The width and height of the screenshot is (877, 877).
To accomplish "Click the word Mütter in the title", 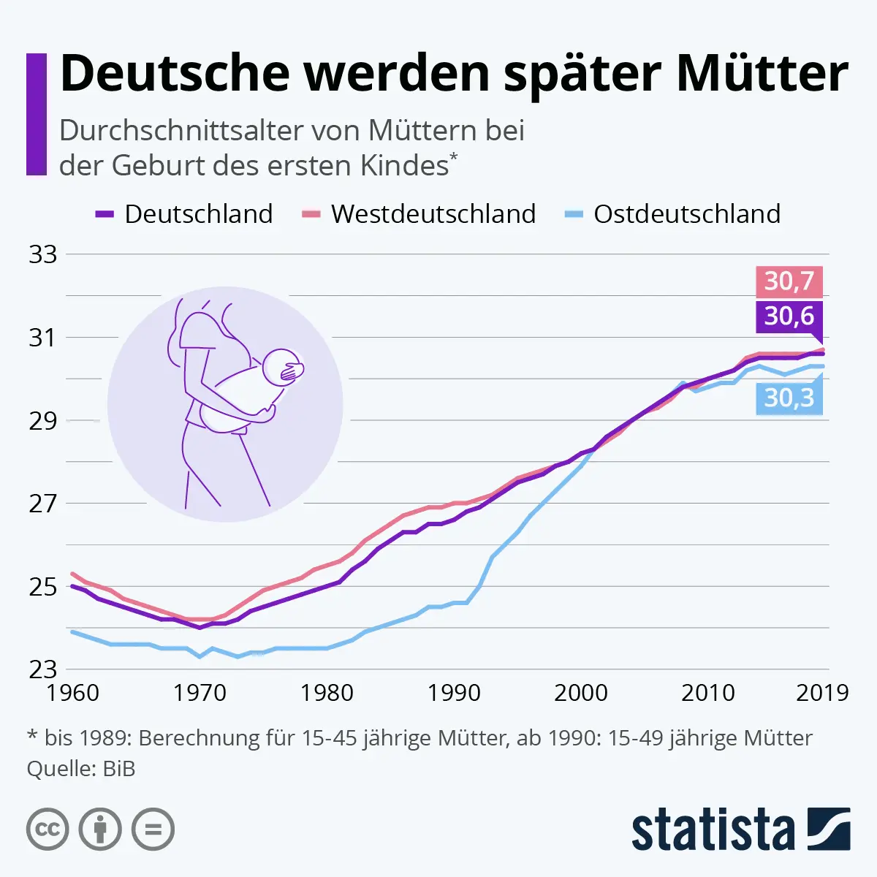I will pos(762,73).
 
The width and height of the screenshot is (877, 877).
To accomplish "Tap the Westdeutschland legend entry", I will pos(419,214).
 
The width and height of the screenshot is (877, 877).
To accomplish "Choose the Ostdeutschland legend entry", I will pos(672,214).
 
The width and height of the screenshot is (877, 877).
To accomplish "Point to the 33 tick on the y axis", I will pos(42,254).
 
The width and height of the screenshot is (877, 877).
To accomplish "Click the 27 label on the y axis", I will pos(42,504).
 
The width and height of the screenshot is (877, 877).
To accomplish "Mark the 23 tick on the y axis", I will pos(42,669).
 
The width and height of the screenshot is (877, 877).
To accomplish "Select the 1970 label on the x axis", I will pos(200,692).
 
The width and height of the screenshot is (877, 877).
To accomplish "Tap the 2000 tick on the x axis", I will pos(581,692).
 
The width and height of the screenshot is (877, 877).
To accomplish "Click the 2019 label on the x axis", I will pos(822,692).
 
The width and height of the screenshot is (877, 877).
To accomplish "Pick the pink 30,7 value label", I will pos(789,281).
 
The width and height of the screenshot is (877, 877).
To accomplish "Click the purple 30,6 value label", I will pos(789,316).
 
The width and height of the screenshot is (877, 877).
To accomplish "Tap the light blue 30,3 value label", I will pos(789,398).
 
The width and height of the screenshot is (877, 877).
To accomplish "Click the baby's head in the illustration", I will pos(281,369).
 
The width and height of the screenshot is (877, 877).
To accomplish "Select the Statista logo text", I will pos(713,830).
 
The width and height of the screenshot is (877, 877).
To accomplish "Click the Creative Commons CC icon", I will pos(48,829).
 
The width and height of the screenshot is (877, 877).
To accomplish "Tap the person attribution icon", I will pos(100,829).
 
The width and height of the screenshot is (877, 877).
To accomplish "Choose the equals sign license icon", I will pos(153,829).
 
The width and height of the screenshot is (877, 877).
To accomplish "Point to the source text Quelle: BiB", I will pos(81,769).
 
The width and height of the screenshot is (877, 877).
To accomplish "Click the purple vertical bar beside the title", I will pos(36,114).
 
